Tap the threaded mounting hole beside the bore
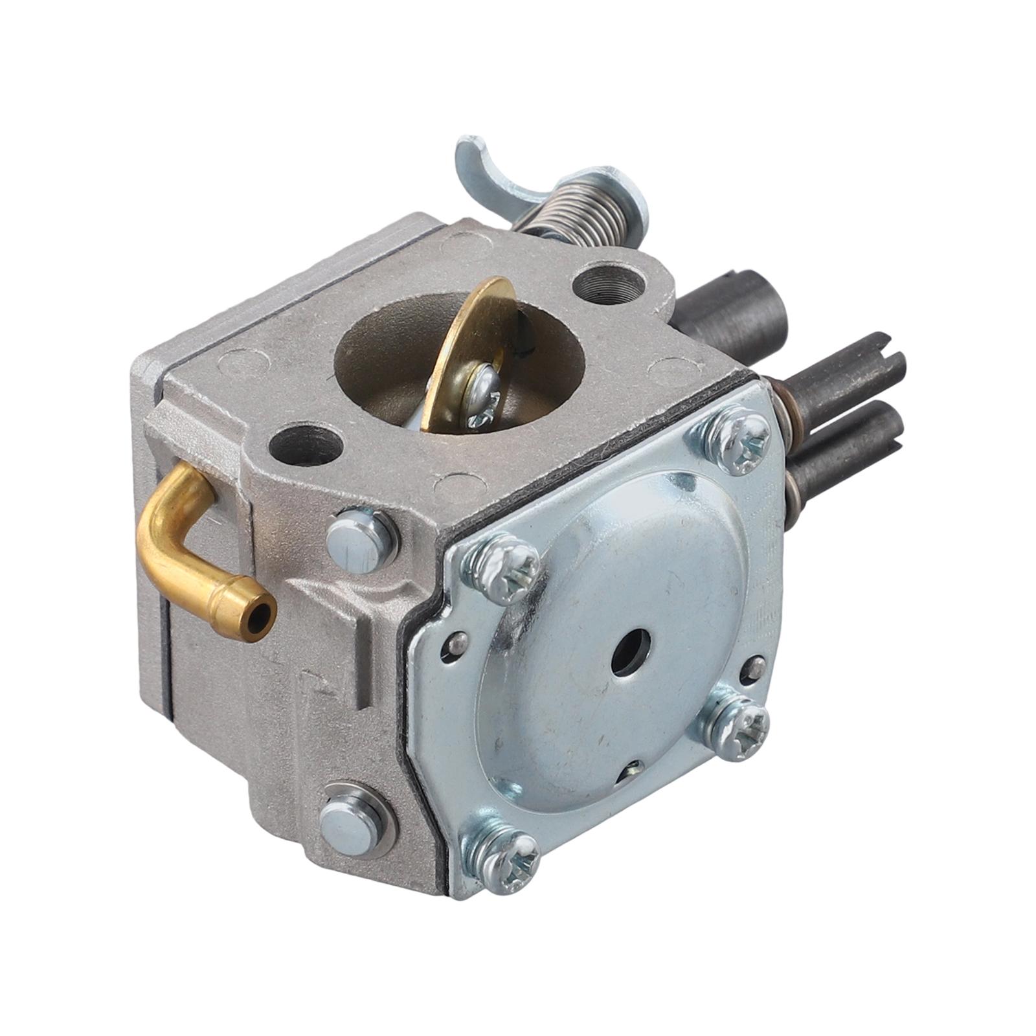(609, 282)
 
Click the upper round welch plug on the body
(361, 540)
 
